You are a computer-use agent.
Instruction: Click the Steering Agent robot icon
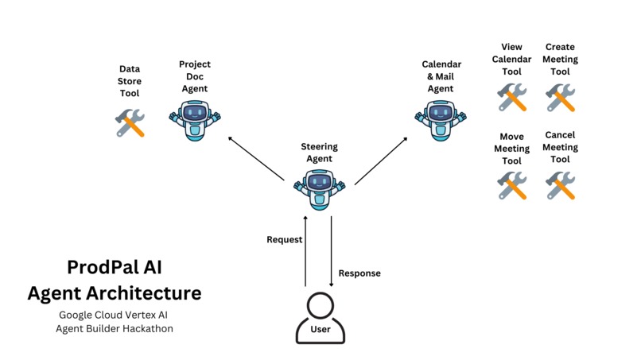320,188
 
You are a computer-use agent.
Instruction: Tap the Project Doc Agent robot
194,119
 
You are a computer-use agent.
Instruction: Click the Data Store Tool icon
130,123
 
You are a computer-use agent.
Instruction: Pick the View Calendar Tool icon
512,98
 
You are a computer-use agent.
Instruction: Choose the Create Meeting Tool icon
561,98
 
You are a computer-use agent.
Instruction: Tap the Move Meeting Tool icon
512,186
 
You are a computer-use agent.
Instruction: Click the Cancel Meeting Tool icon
561,186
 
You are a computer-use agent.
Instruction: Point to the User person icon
320,318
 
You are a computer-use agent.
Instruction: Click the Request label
284,239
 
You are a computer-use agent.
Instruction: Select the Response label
359,273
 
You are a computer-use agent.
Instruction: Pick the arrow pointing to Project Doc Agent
256,161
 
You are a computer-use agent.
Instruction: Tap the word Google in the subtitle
76,315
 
